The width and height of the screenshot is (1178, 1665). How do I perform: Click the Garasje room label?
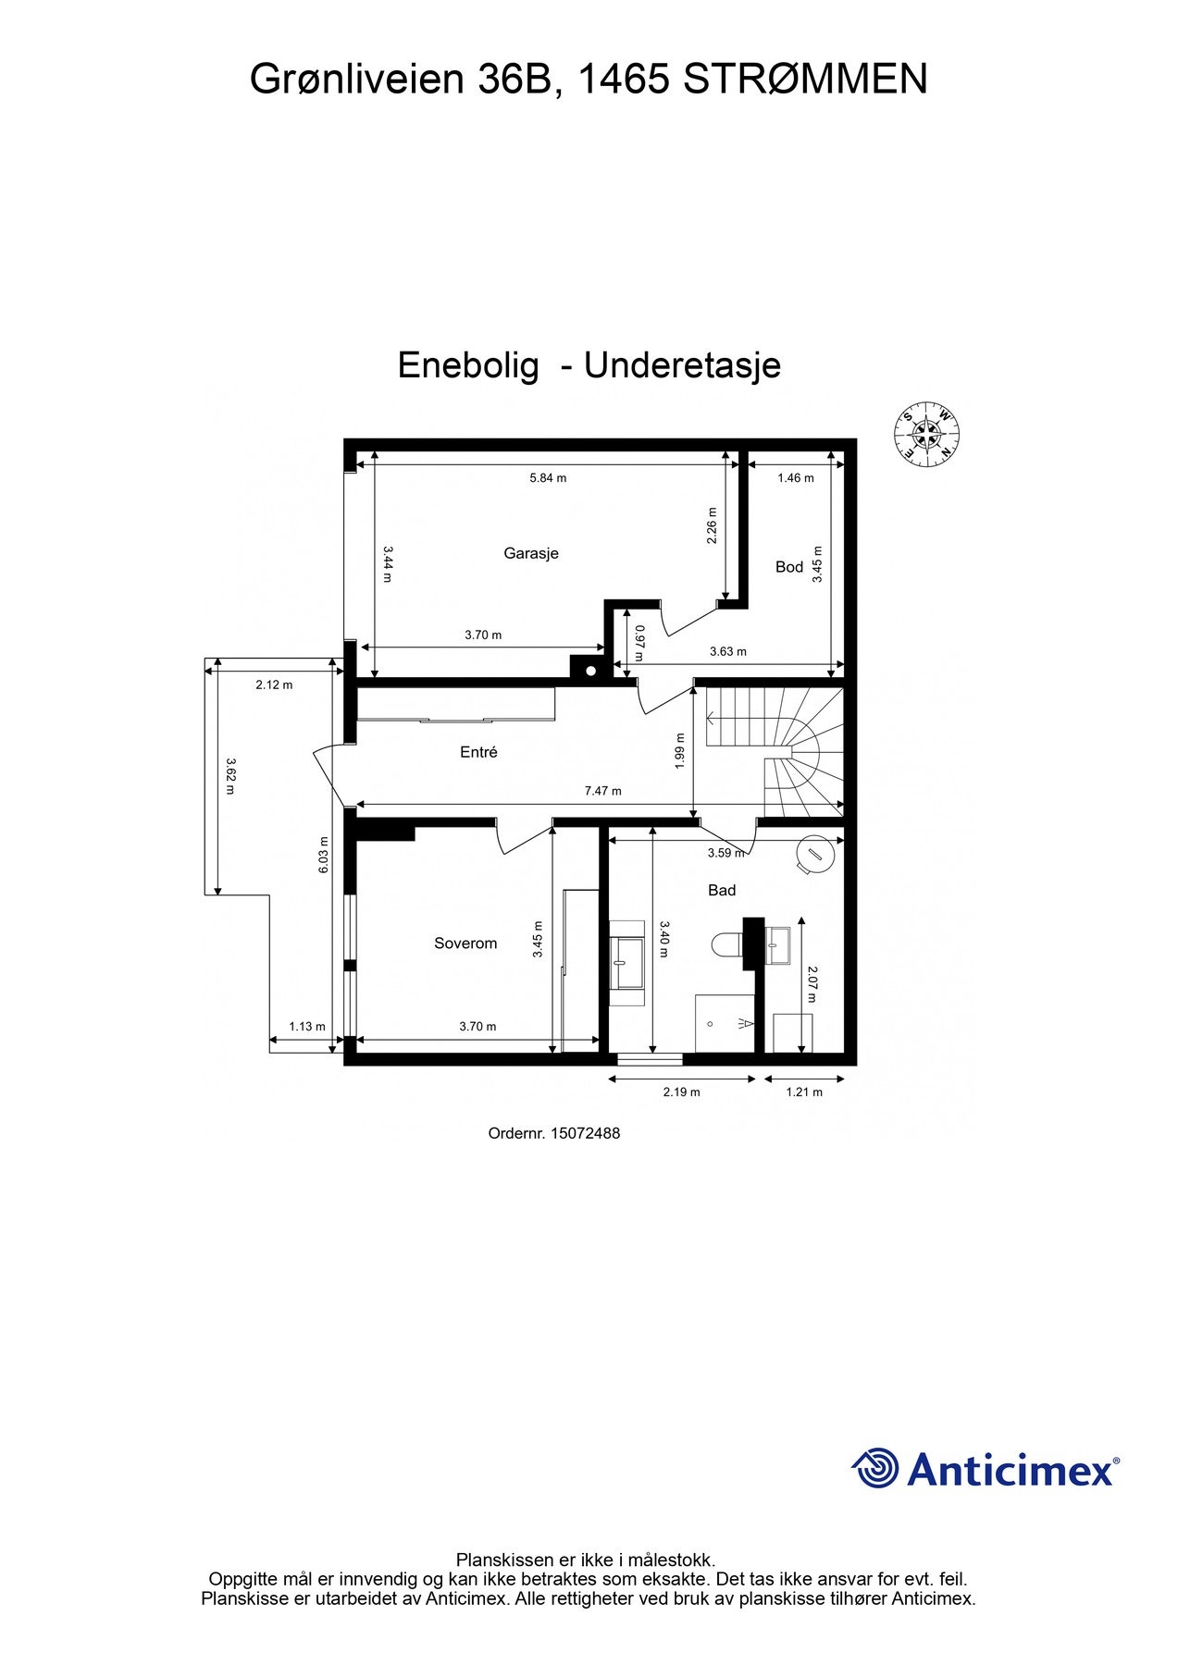[x=530, y=553]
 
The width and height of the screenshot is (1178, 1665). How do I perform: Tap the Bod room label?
[x=788, y=566]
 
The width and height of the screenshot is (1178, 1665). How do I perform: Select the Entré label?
[x=478, y=752]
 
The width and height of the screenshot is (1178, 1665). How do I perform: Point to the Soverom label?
[x=465, y=943]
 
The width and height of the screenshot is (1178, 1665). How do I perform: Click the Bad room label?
[x=722, y=890]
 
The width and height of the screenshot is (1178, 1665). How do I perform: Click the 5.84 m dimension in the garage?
[x=548, y=477]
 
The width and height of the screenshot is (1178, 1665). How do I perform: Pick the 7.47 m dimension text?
[x=602, y=791]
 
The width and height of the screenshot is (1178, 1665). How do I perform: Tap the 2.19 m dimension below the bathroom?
[x=681, y=1091]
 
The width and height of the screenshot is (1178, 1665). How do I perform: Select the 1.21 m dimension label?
[x=803, y=1091]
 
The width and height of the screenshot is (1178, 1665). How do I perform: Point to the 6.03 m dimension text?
[x=324, y=856]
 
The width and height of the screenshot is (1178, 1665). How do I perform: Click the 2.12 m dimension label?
[x=274, y=684]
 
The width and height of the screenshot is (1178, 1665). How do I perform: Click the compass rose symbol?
[x=926, y=434]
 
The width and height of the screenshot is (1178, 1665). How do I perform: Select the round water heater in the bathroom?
[x=814, y=855]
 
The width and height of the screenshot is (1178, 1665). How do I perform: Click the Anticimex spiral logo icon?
[x=875, y=1468]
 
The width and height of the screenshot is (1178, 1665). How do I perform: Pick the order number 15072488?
[x=585, y=1132]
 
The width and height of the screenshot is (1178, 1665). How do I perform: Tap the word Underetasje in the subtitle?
[x=682, y=365]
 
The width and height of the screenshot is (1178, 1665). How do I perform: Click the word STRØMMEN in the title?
[x=805, y=80]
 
